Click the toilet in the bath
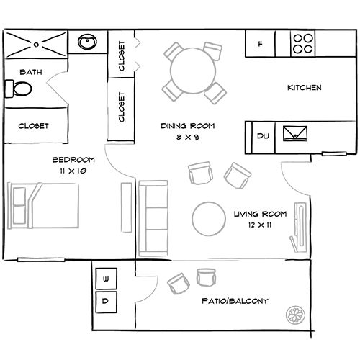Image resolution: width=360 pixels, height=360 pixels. (19, 89)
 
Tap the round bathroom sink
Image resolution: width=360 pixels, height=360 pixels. (87, 42)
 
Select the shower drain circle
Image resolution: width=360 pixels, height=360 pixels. (36, 45)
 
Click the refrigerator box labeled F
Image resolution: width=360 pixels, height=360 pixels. (260, 44)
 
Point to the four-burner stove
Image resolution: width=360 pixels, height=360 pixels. (303, 43)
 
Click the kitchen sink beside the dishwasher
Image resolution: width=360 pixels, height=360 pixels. (295, 133)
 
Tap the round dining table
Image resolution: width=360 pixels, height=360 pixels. (193, 71)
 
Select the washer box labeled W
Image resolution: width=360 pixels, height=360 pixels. (107, 279)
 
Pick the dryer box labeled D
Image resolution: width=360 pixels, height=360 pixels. (107, 302)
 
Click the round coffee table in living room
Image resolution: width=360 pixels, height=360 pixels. (209, 219)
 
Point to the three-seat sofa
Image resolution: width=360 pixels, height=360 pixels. (153, 218)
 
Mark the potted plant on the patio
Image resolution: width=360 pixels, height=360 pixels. (295, 315)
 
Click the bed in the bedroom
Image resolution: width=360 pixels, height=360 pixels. (43, 205)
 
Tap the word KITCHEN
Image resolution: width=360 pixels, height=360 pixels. (305, 88)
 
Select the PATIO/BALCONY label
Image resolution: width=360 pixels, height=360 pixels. (235, 301)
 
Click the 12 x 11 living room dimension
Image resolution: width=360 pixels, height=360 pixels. (260, 225)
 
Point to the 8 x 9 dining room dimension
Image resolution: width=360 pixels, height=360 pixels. (188, 137)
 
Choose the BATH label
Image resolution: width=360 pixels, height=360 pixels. (31, 72)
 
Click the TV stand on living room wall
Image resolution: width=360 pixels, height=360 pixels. (299, 227)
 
